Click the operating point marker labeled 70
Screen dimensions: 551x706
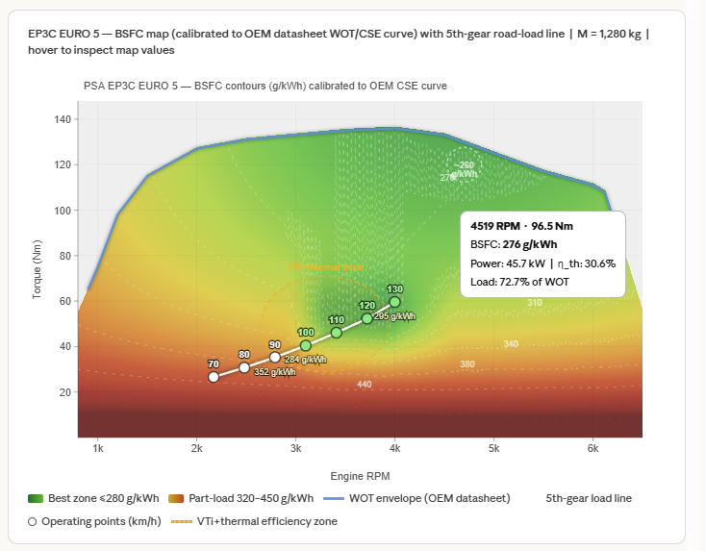pyautogui.click(x=214, y=377)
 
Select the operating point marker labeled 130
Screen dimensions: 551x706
pyautogui.click(x=394, y=302)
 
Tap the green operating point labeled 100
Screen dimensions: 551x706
pyautogui.click(x=306, y=345)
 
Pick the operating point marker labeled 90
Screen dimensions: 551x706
pyautogui.click(x=275, y=358)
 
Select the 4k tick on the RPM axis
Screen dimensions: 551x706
pyautogui.click(x=394, y=448)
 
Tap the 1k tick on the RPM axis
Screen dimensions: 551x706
pyautogui.click(x=97, y=448)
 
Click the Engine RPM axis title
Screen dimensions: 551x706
pyautogui.click(x=360, y=476)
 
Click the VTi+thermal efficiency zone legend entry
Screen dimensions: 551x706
pyautogui.click(x=254, y=521)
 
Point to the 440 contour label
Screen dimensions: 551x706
pyautogui.click(x=365, y=385)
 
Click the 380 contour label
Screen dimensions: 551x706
pyautogui.click(x=467, y=364)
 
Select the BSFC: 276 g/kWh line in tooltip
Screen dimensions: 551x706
pyautogui.click(x=506, y=244)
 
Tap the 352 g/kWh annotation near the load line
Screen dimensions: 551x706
pyautogui.click(x=274, y=372)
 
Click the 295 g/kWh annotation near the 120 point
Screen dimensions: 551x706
pyautogui.click(x=394, y=315)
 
